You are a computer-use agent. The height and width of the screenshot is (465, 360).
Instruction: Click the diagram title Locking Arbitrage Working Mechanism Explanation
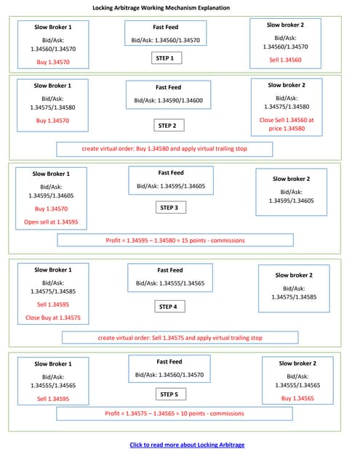coord(161,8)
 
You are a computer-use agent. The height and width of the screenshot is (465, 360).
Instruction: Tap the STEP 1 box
coord(165,58)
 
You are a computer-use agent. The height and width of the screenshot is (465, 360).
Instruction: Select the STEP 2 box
coord(167,126)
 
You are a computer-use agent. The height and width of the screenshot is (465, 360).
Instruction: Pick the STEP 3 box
coord(168,208)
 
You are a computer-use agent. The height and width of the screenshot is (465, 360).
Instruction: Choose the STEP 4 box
coord(168,307)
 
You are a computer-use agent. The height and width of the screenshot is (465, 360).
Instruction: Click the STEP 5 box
coord(168,395)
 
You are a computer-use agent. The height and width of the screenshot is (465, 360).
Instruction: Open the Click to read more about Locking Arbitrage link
coord(186,445)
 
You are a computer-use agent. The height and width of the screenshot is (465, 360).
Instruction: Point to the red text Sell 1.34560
coord(285,60)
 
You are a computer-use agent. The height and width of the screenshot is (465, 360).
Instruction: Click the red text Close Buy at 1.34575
coord(52,318)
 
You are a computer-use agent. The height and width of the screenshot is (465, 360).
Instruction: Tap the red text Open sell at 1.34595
coord(51,222)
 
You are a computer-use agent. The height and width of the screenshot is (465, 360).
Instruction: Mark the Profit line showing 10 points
coord(174,413)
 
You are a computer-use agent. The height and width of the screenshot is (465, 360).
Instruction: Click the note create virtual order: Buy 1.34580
coord(164,149)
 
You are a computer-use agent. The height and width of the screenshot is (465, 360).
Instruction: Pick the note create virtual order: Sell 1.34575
coord(180,338)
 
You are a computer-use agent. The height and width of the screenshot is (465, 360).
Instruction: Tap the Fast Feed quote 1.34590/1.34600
coord(168,100)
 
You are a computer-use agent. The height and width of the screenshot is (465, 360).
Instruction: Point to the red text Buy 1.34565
coord(296,398)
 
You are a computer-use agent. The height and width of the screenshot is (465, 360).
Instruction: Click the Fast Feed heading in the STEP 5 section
coord(169,361)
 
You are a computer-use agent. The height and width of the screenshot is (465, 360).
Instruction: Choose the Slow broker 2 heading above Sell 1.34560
coord(285,25)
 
